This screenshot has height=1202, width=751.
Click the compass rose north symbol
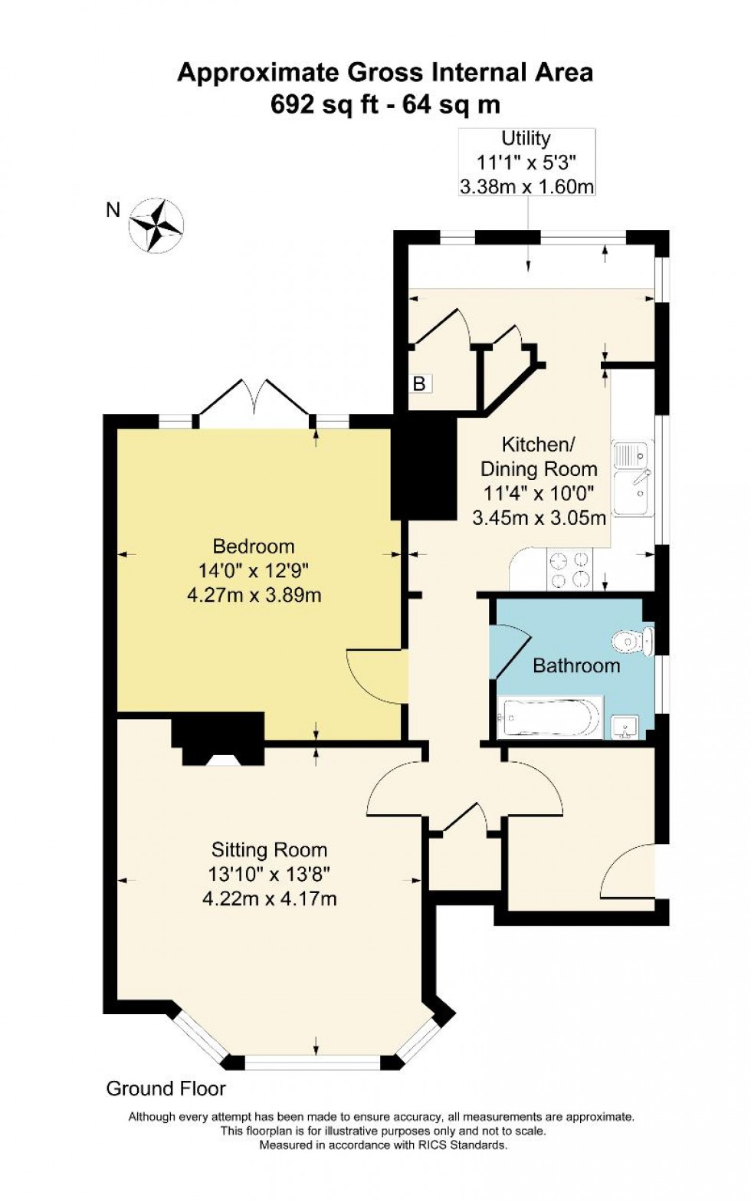coord(156,225)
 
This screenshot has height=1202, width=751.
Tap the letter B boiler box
coord(419,383)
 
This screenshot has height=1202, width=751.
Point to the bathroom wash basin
coord(626,727)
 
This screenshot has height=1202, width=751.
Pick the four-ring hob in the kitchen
coord(569,570)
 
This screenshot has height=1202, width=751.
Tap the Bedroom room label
coord(254,547)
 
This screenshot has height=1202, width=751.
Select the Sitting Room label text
coord(269,849)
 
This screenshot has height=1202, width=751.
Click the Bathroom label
coord(576,665)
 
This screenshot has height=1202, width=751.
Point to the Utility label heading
coord(526,138)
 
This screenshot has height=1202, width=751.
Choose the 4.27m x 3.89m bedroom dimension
coord(254,595)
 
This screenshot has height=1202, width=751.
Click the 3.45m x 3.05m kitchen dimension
coord(539,517)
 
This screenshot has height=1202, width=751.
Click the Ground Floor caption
coord(166,1088)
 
